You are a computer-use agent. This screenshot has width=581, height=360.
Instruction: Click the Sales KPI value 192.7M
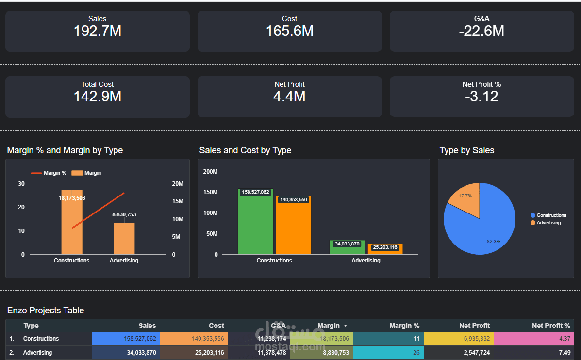97,31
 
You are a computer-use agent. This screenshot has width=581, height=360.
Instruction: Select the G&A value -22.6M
481,31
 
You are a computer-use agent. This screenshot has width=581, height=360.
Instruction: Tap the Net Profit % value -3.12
481,97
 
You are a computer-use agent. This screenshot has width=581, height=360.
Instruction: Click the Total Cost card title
97,84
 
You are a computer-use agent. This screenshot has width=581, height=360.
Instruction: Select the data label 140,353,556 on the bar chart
294,200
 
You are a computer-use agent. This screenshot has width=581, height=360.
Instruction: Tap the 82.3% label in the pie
493,241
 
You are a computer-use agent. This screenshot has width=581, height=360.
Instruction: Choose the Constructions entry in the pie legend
551,215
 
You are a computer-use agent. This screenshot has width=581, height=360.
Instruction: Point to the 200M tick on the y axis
210,172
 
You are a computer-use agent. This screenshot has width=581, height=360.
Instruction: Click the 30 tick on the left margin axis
21,184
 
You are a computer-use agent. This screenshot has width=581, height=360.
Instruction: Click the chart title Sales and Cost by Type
245,150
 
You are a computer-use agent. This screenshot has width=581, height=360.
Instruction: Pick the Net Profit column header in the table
474,326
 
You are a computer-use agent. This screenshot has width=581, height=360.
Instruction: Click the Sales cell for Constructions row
126,339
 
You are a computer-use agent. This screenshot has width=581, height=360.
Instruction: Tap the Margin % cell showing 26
388,353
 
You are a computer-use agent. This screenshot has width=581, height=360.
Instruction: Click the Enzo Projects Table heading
46,311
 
